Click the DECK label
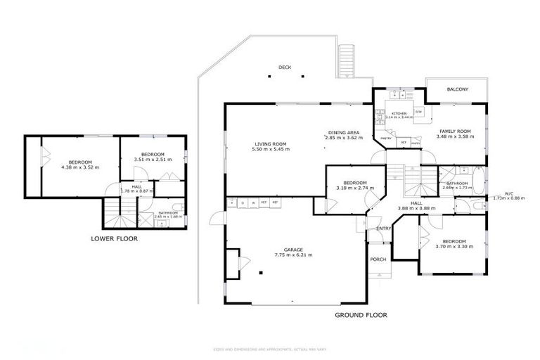click(x=284, y=67)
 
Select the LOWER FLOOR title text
click(x=114, y=238)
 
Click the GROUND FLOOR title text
click(x=360, y=315)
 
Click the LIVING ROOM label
click(x=271, y=143)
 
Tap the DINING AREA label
click(x=344, y=132)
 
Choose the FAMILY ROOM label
click(x=455, y=131)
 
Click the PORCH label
click(x=378, y=259)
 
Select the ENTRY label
click(x=383, y=228)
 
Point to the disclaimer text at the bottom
click(x=270, y=349)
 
